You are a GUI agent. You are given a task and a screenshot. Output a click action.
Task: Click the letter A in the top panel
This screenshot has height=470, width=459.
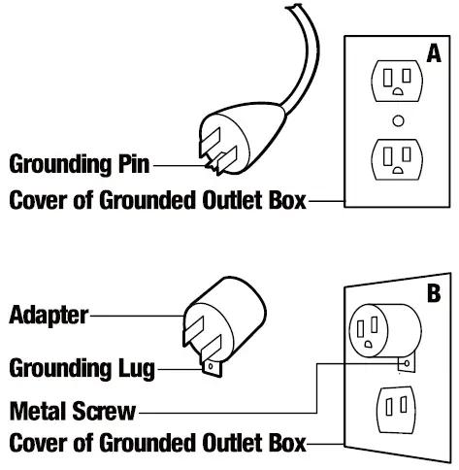[433, 56]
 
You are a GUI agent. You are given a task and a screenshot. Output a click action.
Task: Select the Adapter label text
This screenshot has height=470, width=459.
[49, 315]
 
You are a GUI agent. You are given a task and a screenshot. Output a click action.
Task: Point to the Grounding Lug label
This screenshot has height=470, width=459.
[82, 368]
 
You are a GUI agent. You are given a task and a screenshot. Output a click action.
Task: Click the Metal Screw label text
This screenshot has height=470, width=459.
[72, 409]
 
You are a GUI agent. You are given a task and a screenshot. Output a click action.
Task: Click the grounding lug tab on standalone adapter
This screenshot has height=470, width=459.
[213, 367]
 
